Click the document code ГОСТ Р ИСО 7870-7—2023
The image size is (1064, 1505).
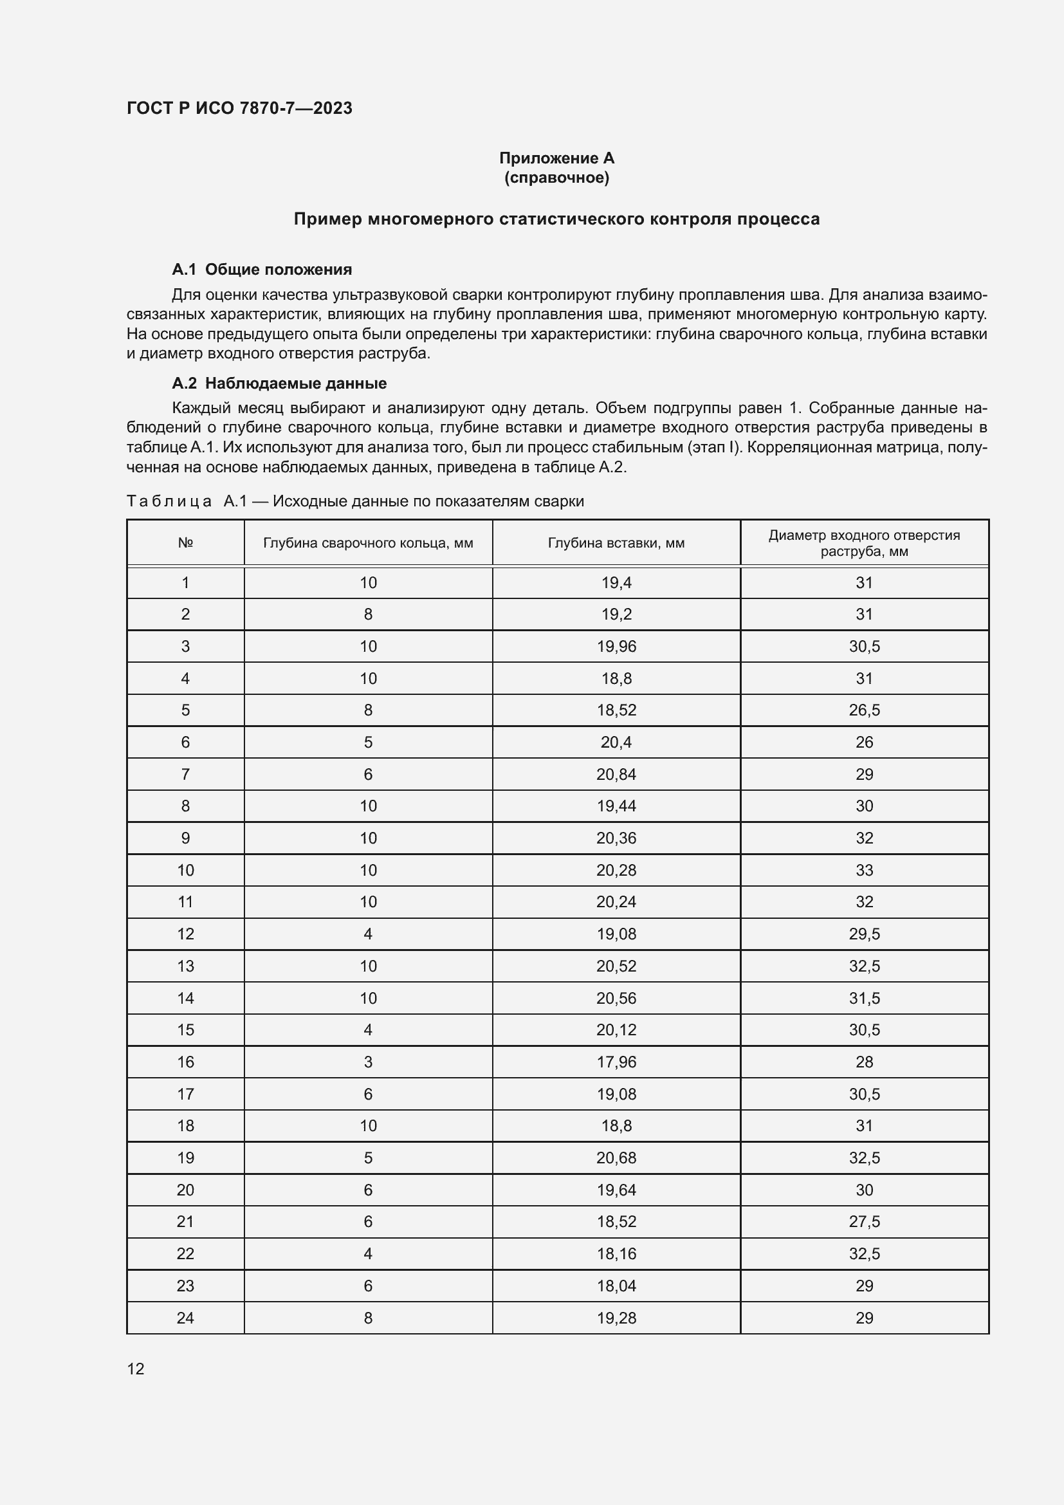239,108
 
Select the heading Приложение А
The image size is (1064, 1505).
556,158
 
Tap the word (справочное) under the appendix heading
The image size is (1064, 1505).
556,178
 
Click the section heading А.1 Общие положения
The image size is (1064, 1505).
261,270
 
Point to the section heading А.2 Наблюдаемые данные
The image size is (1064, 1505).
279,383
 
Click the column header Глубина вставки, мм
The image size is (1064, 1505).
616,543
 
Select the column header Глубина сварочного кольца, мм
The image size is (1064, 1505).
367,543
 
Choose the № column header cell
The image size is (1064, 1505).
185,543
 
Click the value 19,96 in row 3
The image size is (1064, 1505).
616,646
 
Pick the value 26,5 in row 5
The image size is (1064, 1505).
863,710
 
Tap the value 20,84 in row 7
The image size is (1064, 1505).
616,774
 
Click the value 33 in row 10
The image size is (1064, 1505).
863,870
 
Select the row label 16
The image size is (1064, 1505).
185,1062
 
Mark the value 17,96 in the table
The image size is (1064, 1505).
616,1062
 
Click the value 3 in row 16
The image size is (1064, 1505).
367,1062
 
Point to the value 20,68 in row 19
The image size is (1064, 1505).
616,1158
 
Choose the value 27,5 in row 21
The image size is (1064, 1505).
863,1221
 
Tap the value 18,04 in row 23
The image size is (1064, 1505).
616,1286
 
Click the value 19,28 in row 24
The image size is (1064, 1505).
616,1318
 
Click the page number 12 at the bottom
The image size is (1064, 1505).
136,1369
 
